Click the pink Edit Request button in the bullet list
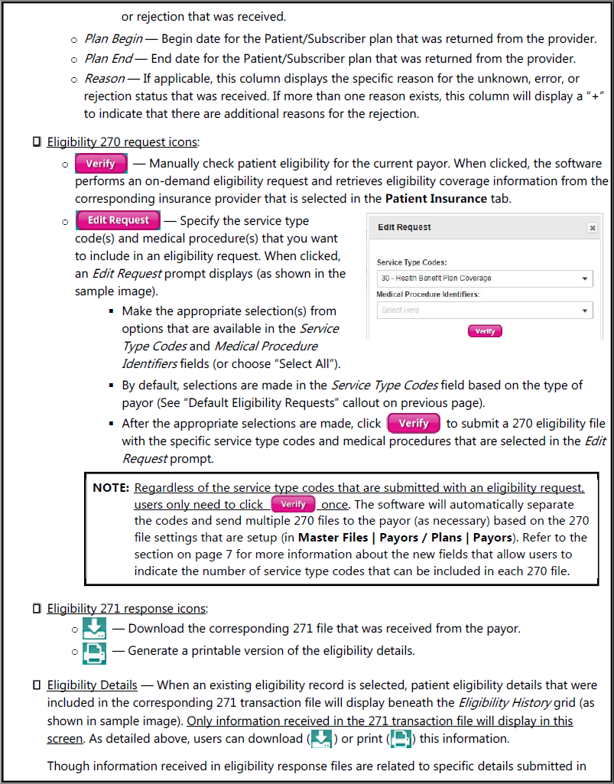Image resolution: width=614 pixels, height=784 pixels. pos(118,220)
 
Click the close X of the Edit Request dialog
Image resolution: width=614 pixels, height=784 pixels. pos(591,227)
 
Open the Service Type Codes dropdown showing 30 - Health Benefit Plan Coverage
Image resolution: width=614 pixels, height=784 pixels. pos(485,278)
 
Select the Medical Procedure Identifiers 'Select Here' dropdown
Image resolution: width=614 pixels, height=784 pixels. pos(485,311)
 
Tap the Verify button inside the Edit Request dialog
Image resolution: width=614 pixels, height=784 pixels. pos(485,331)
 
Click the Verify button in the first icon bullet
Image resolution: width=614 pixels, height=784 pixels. pos(101,164)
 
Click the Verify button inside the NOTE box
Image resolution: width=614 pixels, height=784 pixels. pos(294,505)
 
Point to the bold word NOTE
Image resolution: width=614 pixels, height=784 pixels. pos(110,488)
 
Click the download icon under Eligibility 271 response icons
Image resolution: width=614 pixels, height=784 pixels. pos(94,629)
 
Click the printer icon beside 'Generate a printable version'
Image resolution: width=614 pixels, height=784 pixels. pos(94,652)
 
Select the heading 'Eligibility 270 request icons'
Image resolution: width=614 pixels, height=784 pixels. pos(122,142)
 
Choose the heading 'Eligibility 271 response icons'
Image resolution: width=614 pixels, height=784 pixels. pos(126,609)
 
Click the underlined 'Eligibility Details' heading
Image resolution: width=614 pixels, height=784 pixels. pos(92,685)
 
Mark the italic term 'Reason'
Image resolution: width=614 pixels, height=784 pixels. pos(104,79)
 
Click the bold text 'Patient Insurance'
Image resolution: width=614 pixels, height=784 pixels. pos(436,198)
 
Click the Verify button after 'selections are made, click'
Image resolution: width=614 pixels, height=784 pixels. pos(414,423)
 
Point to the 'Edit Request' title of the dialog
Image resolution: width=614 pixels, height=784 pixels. pos(404,227)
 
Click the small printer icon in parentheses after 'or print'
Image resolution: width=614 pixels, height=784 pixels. pos(401,739)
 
